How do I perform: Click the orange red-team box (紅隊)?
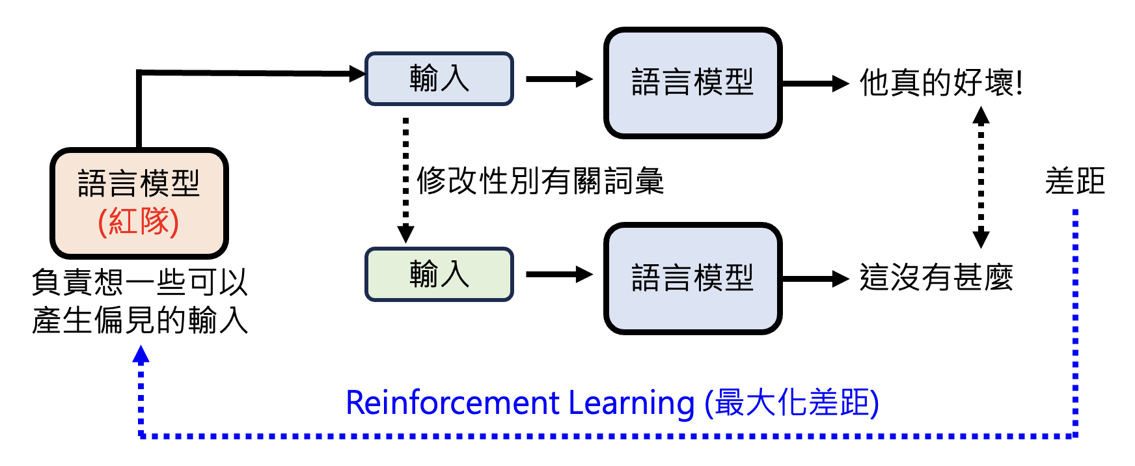click(x=139, y=202)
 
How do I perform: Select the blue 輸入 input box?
click(x=439, y=79)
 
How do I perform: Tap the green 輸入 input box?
click(x=439, y=274)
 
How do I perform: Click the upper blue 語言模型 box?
click(x=692, y=83)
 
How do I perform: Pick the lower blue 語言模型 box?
click(x=692, y=278)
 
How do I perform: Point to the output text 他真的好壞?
click(x=941, y=83)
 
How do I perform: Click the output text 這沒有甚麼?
click(x=936, y=278)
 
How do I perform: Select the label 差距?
click(x=1074, y=181)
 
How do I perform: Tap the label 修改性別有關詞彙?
click(x=540, y=181)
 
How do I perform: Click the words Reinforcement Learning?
click(x=520, y=403)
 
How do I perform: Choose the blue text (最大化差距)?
click(x=792, y=403)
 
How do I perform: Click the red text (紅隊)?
click(x=139, y=222)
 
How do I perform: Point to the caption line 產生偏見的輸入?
click(x=140, y=320)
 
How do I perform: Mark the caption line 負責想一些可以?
click(x=140, y=282)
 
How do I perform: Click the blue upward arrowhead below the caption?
click(x=141, y=355)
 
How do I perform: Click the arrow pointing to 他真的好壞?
click(x=815, y=83)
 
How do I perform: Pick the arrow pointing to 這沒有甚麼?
click(x=815, y=279)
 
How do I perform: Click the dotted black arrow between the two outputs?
click(x=981, y=177)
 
